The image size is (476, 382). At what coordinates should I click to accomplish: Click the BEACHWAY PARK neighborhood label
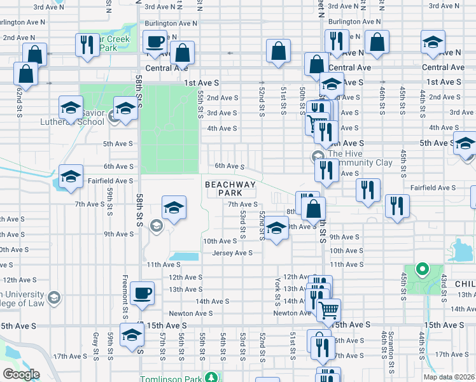tap(230, 188)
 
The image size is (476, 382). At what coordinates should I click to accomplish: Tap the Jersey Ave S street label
tap(233, 253)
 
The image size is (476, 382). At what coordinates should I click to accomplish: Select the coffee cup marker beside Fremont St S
tap(142, 294)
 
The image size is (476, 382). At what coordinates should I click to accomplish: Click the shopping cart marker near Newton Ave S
tap(328, 311)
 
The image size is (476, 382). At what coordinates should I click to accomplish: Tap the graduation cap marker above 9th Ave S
tap(276, 228)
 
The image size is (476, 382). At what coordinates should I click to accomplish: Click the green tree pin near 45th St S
tap(421, 269)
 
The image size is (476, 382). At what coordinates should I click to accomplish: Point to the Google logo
tap(20, 374)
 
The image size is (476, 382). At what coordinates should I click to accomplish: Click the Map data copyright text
tap(451, 377)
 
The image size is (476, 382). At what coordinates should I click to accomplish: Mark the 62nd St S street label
tap(19, 94)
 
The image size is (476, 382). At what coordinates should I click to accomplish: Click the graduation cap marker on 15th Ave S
tap(132, 335)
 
